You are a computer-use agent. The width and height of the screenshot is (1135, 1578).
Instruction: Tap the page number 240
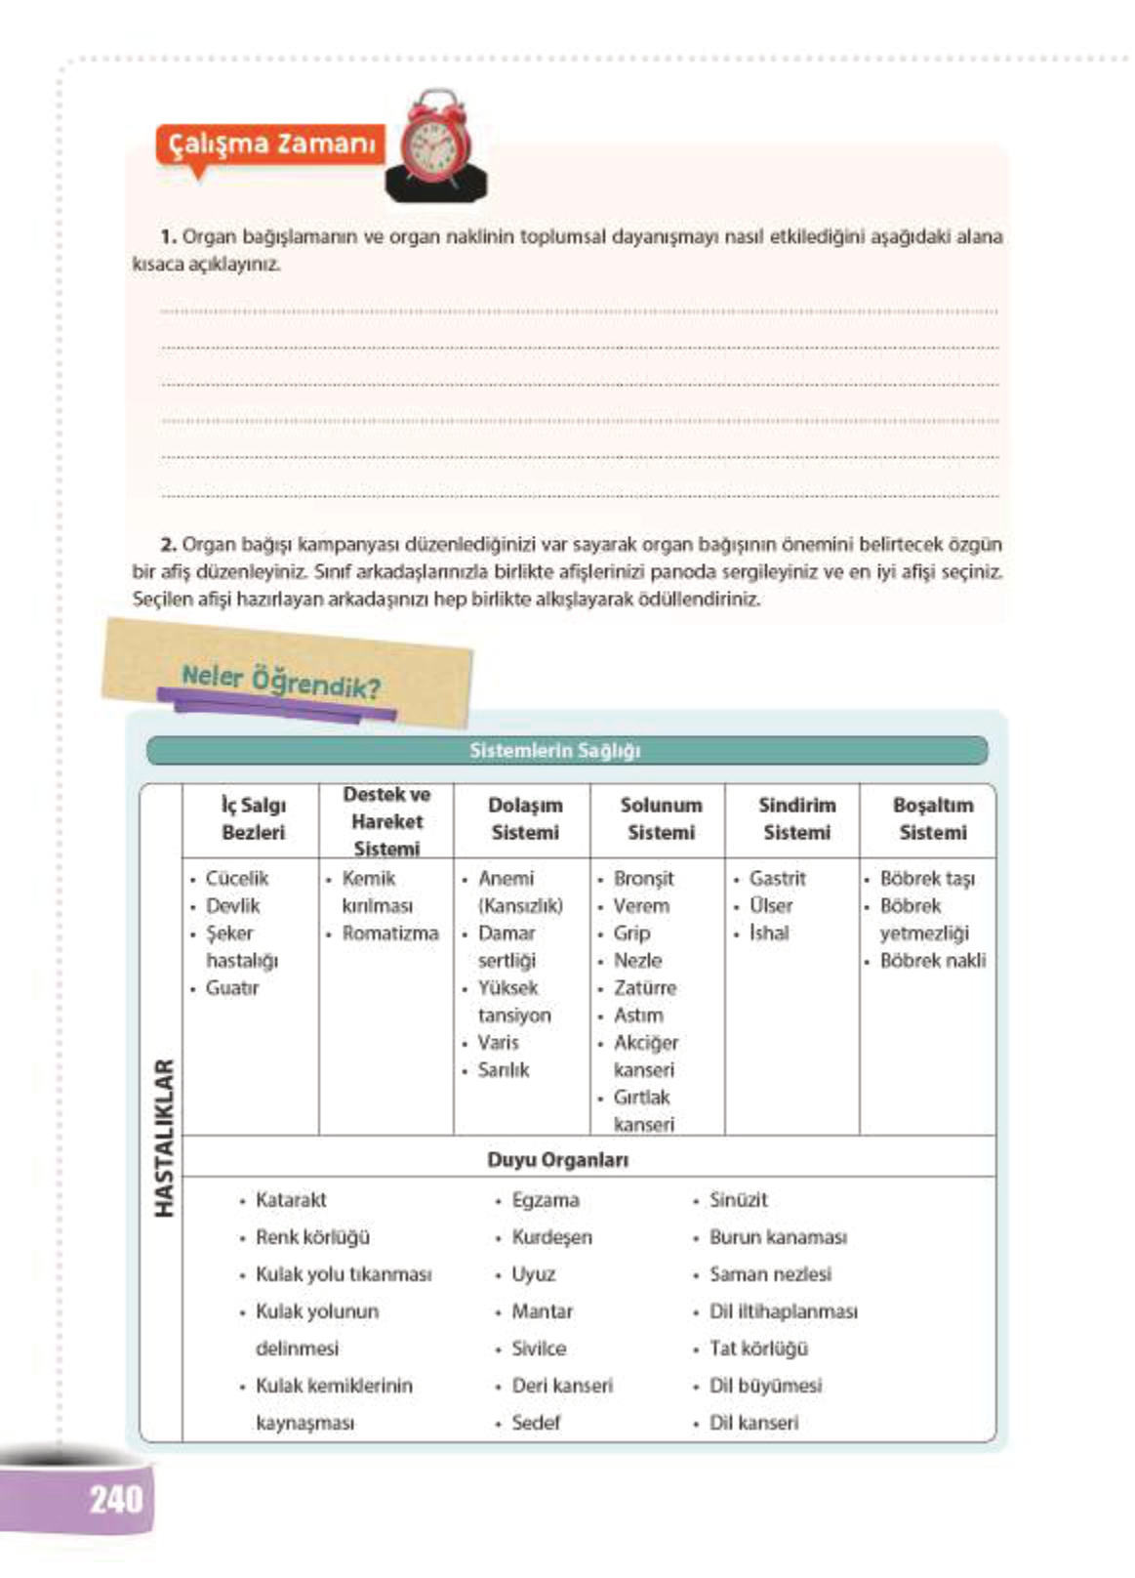[x=115, y=1498]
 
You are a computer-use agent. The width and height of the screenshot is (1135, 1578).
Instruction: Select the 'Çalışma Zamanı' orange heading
[x=271, y=145]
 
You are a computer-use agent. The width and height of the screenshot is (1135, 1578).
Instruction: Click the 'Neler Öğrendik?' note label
[x=281, y=682]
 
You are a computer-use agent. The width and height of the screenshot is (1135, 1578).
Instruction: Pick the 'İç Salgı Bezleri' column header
[x=253, y=818]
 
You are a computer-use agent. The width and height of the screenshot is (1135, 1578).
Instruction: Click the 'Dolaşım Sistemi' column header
[x=525, y=818]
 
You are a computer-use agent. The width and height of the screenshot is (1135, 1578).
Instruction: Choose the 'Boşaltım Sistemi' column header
[x=932, y=818]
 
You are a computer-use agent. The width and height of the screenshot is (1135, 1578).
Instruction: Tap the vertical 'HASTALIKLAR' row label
[x=164, y=1138]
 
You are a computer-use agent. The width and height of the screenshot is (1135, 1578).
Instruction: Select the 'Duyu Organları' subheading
[x=557, y=1160]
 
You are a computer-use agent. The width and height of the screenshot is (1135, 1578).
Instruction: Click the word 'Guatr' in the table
[x=232, y=988]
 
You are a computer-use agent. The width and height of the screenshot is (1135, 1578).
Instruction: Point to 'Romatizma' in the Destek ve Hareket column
[x=389, y=934]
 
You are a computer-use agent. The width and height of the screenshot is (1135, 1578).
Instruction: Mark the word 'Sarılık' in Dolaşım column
[x=504, y=1070]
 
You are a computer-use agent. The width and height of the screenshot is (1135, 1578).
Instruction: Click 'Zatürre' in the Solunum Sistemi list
[x=644, y=988]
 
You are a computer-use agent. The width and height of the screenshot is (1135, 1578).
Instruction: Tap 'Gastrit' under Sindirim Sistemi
[x=777, y=879]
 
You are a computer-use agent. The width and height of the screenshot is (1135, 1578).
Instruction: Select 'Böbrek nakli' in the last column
[x=932, y=961]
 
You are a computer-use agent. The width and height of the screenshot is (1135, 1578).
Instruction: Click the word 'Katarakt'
[x=291, y=1200]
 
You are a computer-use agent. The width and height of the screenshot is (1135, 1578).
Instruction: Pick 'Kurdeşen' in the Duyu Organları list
[x=551, y=1237]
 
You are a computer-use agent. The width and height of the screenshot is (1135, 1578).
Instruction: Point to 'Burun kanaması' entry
[x=778, y=1237]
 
